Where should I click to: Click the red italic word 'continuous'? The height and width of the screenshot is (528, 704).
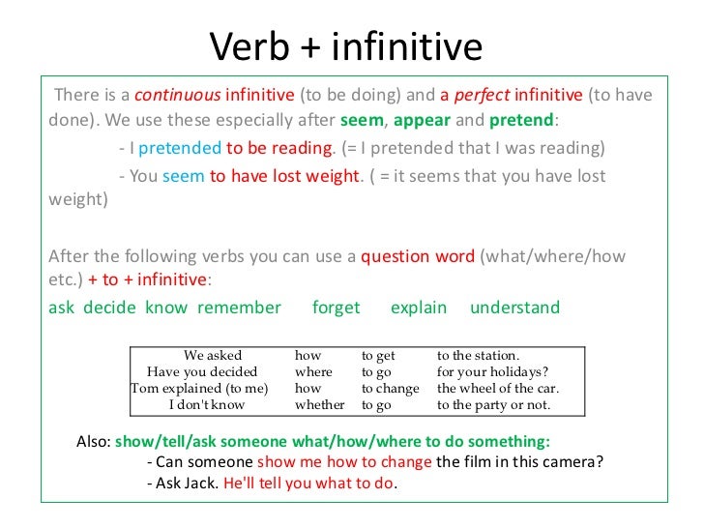click(x=176, y=96)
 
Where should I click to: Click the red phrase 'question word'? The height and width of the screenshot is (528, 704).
click(x=417, y=257)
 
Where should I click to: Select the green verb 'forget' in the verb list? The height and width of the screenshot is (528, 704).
click(x=336, y=308)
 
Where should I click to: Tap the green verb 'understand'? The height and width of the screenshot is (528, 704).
click(x=514, y=308)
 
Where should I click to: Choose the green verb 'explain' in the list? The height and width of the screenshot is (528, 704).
click(x=418, y=308)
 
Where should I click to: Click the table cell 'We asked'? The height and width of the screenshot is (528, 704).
click(x=213, y=355)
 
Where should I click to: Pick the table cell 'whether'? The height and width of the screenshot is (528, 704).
click(x=319, y=405)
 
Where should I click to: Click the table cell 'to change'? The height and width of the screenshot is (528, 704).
click(x=390, y=389)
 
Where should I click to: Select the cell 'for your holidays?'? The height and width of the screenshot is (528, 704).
click(x=492, y=371)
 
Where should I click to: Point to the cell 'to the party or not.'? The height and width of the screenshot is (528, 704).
click(x=493, y=405)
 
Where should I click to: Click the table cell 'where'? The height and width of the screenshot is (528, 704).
click(x=313, y=371)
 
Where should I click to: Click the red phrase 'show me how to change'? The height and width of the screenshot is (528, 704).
click(x=344, y=461)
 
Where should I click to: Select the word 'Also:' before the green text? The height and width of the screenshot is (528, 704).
click(x=94, y=441)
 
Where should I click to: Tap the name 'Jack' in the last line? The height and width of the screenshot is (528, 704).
click(x=201, y=482)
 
